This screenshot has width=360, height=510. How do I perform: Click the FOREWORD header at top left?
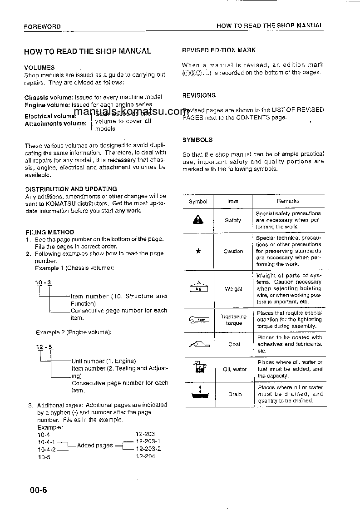pyautogui.click(x=42, y=27)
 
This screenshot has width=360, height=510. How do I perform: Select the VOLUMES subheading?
pyautogui.click(x=39, y=68)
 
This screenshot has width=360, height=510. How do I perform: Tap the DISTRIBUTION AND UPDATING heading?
pyautogui.click(x=70, y=189)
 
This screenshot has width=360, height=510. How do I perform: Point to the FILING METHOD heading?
pyautogui.click(x=49, y=232)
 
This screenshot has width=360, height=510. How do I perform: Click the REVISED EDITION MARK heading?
pyautogui.click(x=219, y=50)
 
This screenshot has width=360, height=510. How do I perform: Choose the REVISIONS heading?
pyautogui.click(x=199, y=95)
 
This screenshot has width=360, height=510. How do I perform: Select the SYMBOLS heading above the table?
pyautogui.click(x=197, y=140)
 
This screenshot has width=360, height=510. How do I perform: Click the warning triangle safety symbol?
pyautogui.click(x=198, y=220)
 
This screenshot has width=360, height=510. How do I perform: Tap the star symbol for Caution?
pyautogui.click(x=198, y=251)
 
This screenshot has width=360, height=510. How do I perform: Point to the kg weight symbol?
pyautogui.click(x=198, y=288)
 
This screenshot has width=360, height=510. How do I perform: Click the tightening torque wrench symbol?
pyautogui.click(x=198, y=320)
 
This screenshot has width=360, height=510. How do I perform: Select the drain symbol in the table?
pyautogui.click(x=198, y=394)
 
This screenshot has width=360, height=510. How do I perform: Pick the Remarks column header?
pyautogui.click(x=288, y=201)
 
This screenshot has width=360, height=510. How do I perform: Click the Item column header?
pyautogui.click(x=233, y=201)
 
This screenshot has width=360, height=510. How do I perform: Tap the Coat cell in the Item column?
pyautogui.click(x=234, y=344)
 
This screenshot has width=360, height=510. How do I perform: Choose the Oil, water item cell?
pyautogui.click(x=235, y=369)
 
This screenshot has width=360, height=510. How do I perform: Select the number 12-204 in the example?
pyautogui.click(x=145, y=456)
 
